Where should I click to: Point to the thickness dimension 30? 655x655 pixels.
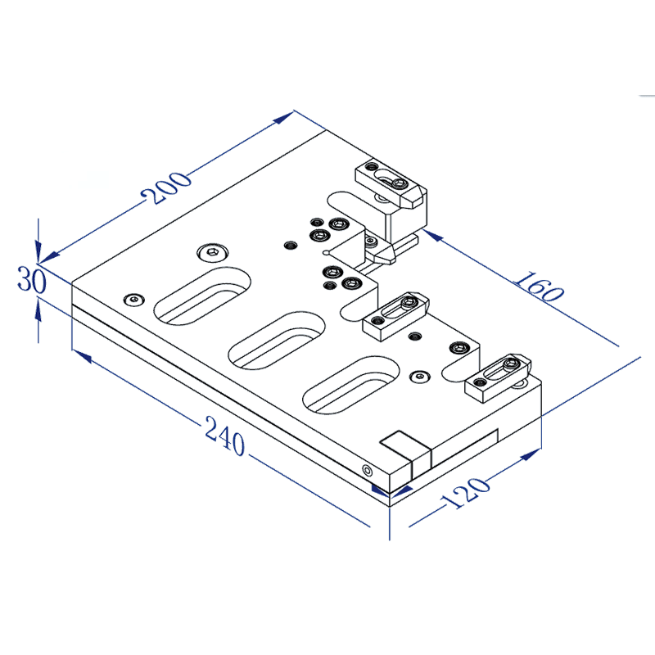(30, 282)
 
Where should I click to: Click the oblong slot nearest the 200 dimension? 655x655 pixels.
(201, 296)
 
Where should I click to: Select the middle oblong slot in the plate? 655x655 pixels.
(277, 339)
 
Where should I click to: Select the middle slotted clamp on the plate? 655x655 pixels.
(395, 315)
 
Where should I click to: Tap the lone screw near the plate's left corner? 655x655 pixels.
(133, 298)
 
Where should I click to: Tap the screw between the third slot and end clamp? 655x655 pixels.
(420, 377)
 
